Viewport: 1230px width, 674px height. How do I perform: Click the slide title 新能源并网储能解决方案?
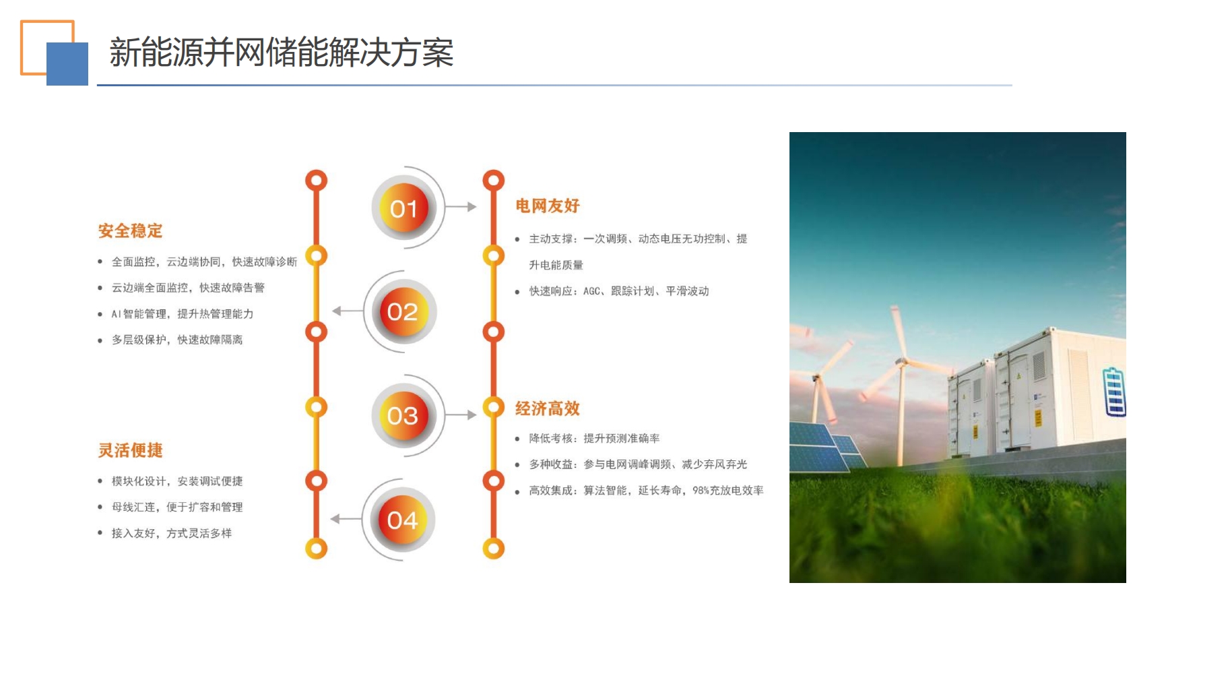[282, 53]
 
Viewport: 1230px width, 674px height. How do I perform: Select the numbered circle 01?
[404, 208]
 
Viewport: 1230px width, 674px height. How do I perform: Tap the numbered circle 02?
[403, 311]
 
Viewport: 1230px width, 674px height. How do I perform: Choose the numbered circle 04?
[402, 520]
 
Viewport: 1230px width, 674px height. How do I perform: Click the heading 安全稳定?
[131, 231]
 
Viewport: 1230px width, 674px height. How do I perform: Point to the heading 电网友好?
[548, 206]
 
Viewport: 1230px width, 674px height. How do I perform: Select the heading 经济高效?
[548, 408]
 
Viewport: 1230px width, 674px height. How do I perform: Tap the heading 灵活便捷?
[131, 450]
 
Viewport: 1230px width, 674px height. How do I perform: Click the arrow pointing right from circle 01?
[461, 207]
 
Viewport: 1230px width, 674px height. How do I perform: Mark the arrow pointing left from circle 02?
[348, 311]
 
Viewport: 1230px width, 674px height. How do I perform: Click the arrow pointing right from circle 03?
[461, 415]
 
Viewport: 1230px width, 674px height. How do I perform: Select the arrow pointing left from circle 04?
[346, 519]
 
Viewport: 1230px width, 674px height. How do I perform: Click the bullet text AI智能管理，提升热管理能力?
[183, 314]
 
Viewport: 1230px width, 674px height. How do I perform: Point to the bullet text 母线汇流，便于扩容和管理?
[177, 507]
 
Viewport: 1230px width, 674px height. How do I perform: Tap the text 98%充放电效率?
[728, 491]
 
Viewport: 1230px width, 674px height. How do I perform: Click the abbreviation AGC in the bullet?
[591, 291]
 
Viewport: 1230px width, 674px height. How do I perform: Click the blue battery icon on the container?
[1114, 392]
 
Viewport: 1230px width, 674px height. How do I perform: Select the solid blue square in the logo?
[67, 64]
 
